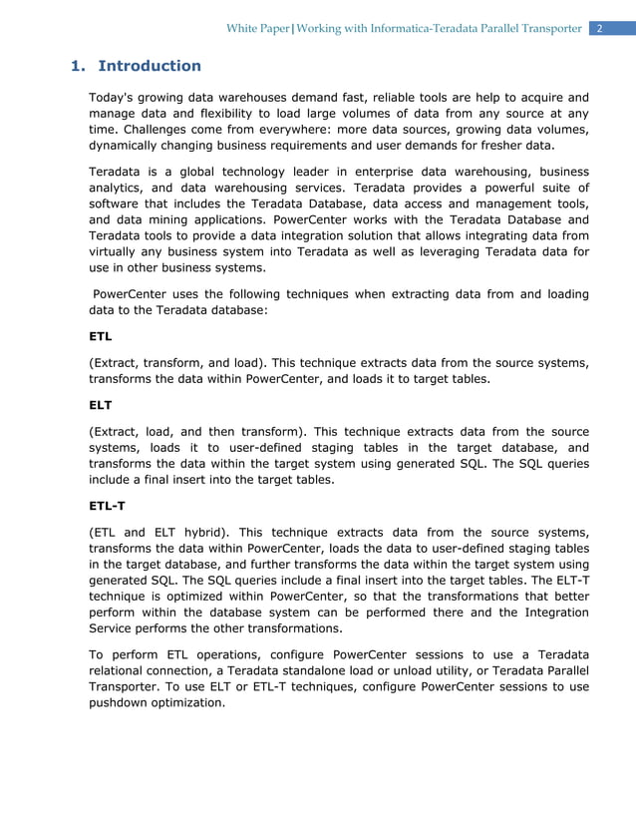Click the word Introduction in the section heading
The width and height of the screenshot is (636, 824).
click(150, 66)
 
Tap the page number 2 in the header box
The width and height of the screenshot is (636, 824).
click(600, 28)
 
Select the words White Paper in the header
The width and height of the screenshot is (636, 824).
click(256, 28)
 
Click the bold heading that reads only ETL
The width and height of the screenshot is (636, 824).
click(101, 336)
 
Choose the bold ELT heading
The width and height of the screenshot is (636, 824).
click(101, 406)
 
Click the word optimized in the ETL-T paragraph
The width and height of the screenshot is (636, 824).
click(192, 596)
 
